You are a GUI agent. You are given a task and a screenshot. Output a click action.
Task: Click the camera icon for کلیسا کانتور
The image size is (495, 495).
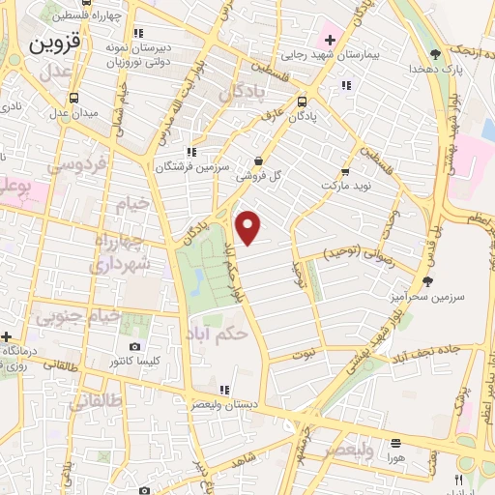134,346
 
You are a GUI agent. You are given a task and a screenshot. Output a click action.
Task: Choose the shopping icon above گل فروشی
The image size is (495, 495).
257,160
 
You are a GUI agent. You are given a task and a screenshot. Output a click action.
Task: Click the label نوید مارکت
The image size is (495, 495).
345,183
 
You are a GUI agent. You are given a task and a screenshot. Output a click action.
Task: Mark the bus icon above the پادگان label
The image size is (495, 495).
303,101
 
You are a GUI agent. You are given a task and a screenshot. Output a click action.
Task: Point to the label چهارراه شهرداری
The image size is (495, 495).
120,249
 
